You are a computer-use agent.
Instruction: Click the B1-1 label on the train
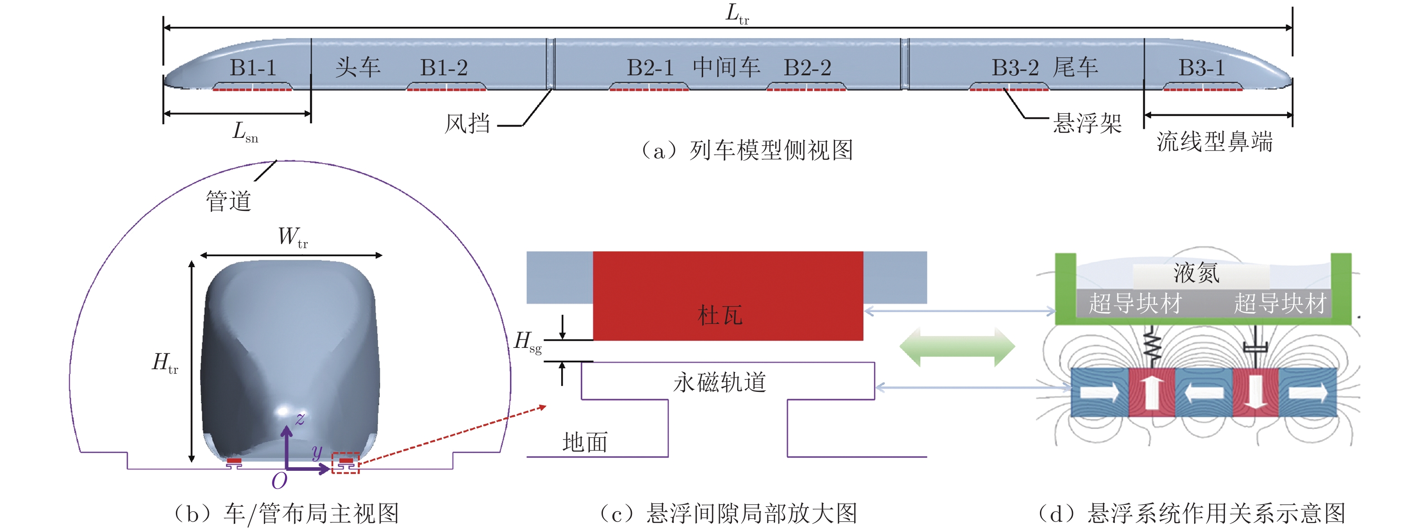[253, 68]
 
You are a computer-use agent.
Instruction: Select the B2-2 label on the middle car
[807, 68]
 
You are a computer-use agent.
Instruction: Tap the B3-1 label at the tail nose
[1201, 68]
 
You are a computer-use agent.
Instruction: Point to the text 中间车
[726, 67]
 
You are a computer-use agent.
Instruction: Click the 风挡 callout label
[467, 123]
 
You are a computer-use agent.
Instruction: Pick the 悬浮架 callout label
[1087, 123]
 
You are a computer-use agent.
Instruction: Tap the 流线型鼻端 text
[1214, 142]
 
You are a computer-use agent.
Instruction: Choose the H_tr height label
[165, 363]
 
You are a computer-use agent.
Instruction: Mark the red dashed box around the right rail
[345, 463]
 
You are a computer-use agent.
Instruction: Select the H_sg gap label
[527, 342]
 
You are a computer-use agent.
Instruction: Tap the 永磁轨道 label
[719, 382]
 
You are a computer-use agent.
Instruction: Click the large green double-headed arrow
[957, 347]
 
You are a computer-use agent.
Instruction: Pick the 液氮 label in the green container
[1196, 273]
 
